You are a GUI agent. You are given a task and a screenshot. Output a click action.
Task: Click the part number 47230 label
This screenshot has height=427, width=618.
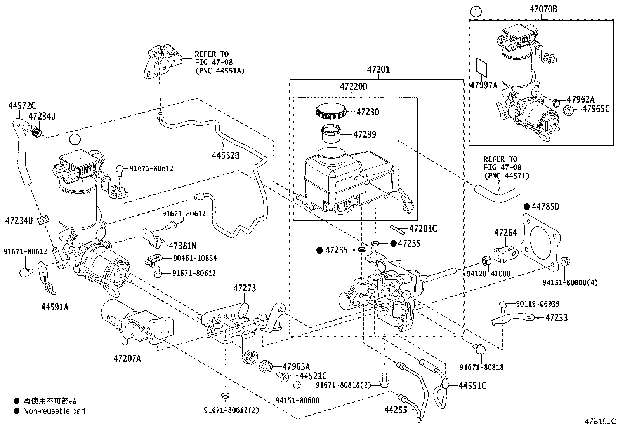tap(367, 112)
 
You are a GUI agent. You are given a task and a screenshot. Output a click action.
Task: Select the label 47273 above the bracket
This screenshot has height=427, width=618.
tap(245, 288)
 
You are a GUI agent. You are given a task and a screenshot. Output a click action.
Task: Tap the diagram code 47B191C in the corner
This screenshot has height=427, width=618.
tap(601, 421)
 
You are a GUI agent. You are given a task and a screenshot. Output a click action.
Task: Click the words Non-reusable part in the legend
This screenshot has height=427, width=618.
tap(54, 411)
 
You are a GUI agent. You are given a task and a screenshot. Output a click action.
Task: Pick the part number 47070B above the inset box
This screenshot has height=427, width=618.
tap(543, 9)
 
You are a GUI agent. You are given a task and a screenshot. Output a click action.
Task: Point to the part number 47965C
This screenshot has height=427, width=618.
tap(597, 109)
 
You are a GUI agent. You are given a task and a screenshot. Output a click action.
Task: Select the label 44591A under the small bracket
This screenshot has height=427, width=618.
tap(55, 307)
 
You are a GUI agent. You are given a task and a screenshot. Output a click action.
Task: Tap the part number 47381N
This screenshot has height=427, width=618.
tap(182, 246)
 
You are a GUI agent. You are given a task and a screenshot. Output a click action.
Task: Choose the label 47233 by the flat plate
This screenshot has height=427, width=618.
tap(556, 318)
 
